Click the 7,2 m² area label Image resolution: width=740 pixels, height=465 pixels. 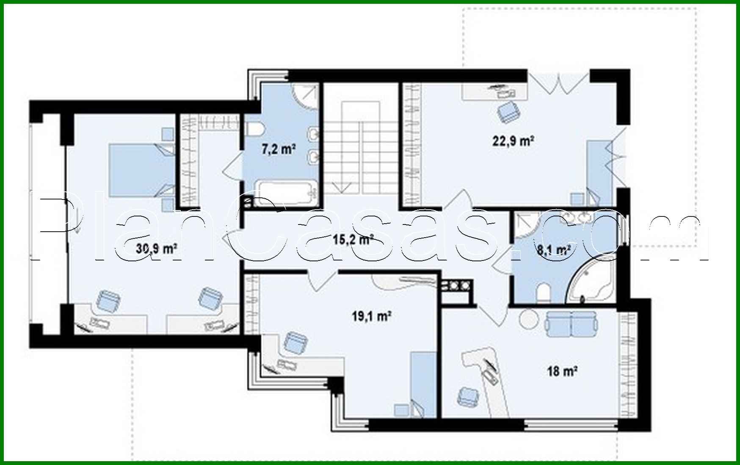click(278, 149)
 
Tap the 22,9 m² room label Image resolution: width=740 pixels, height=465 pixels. click(512, 141)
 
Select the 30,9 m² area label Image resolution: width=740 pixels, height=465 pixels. click(156, 249)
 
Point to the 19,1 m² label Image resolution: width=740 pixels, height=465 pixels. click(371, 316)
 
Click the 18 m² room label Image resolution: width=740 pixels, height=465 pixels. click(563, 371)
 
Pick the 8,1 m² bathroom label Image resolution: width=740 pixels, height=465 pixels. click(553, 250)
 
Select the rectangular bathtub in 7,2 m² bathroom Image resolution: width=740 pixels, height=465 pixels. click(286, 194)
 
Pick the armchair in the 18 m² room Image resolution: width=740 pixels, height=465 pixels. click(468, 396)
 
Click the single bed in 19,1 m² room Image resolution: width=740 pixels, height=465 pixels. click(424, 383)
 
